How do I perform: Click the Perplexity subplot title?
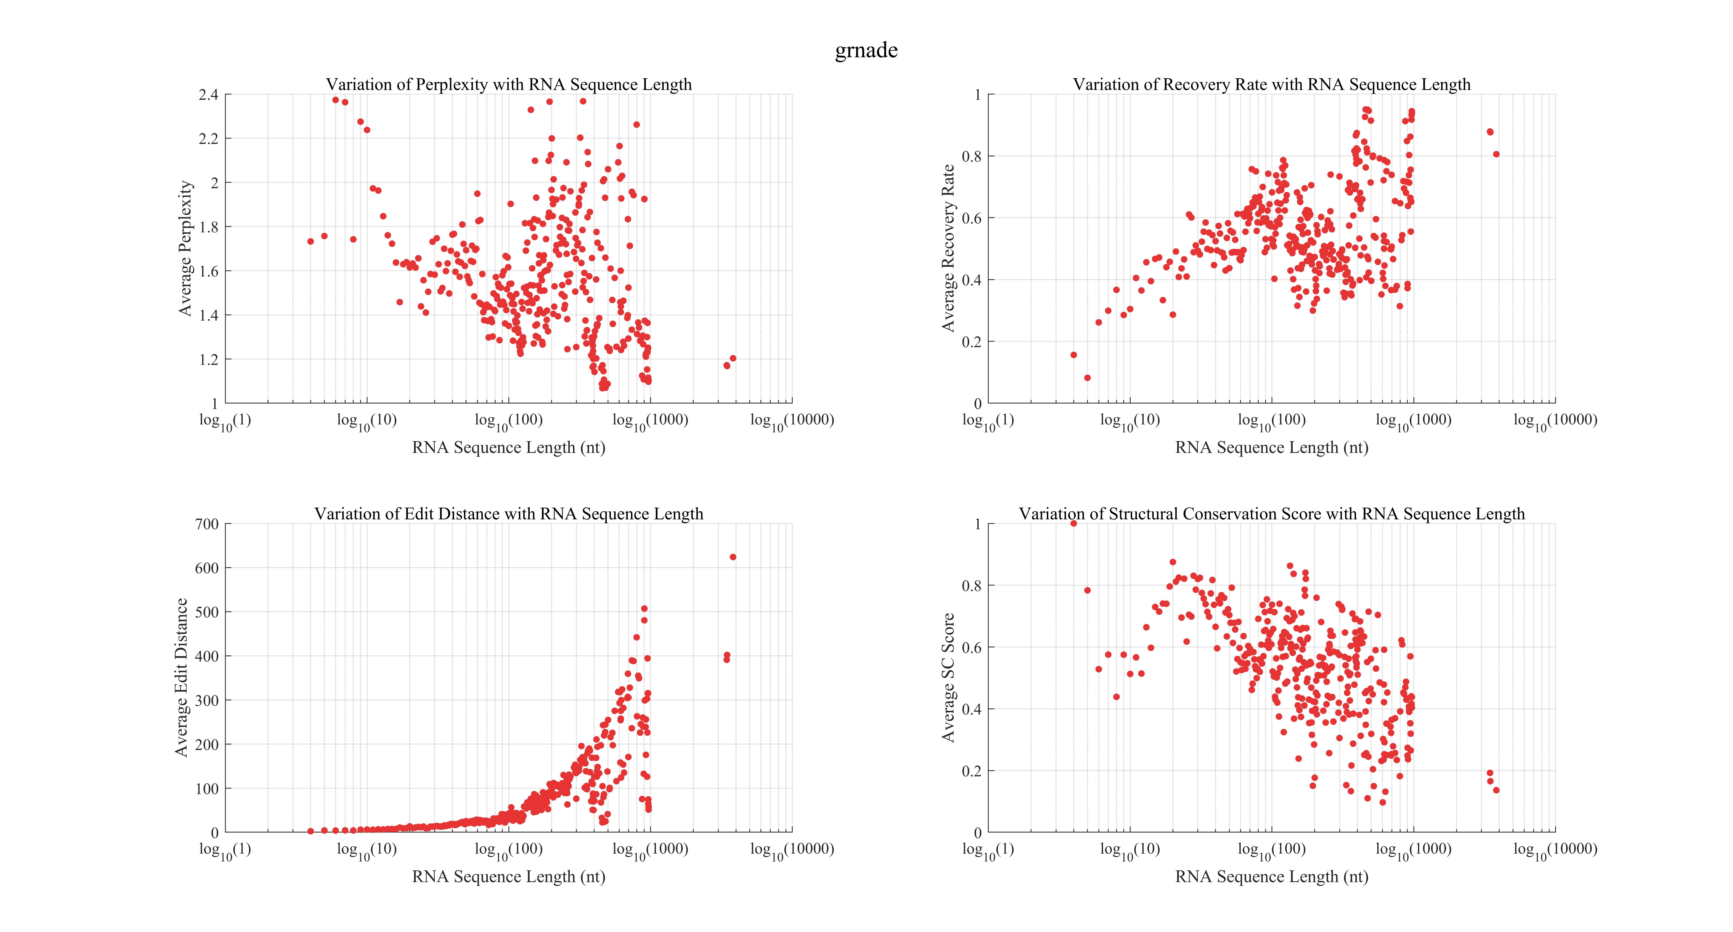509,84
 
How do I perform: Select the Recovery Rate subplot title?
1271,84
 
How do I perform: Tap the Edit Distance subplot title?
509,513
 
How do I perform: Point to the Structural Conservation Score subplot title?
1271,513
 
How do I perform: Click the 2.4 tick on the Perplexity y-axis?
209,95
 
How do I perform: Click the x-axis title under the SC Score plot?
1271,877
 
